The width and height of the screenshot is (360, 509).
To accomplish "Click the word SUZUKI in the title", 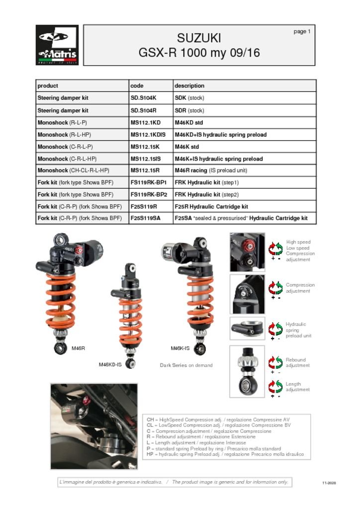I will click(x=199, y=38).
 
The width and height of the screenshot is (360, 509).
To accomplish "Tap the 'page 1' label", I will click(x=302, y=31).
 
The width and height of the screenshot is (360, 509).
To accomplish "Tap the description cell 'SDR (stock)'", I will click(x=189, y=110).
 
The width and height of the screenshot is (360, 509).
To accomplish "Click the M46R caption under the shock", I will click(x=78, y=348).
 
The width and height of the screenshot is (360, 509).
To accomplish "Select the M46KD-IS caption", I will click(x=110, y=365).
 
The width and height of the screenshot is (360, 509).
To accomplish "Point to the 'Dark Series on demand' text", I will click(x=186, y=365).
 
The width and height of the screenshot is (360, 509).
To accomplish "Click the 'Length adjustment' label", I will click(x=297, y=387).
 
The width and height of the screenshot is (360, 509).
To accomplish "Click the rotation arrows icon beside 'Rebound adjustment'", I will click(x=275, y=362).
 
